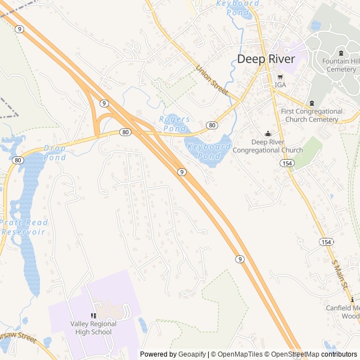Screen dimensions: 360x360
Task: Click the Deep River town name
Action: click(266, 59)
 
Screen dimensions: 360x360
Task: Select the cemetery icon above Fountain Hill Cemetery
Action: click(341, 53)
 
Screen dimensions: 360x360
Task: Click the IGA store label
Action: click(280, 85)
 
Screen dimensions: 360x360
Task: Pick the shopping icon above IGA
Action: click(280, 77)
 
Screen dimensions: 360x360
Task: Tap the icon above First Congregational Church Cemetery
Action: click(312, 103)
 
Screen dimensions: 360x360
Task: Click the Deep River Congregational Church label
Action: click(268, 146)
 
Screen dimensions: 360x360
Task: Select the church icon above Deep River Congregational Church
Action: click(268, 134)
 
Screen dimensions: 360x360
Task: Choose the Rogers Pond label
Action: click(175, 124)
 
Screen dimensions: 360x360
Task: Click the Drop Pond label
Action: click(55, 153)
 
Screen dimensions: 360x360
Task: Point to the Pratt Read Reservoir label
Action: click(24, 227)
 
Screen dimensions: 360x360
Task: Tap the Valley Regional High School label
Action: click(93, 327)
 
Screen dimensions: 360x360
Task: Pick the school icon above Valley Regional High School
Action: click(93, 316)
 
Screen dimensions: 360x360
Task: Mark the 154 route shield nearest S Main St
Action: click(326, 241)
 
